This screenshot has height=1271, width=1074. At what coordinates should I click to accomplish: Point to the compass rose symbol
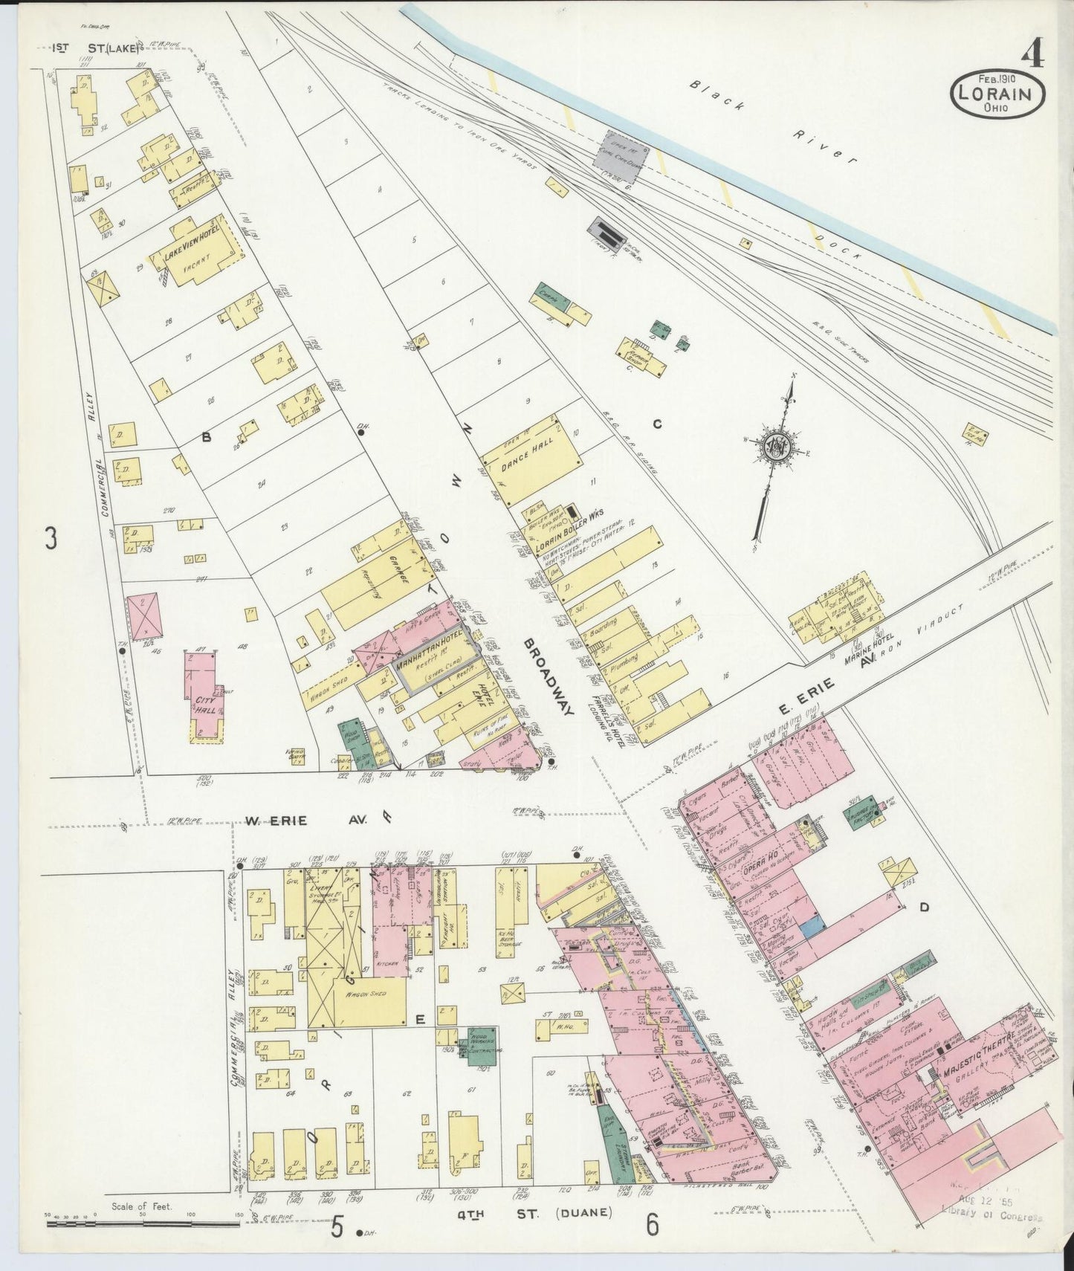[776, 445]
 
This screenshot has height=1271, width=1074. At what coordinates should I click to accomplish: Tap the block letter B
[207, 439]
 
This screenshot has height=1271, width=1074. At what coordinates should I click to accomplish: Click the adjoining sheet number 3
[50, 537]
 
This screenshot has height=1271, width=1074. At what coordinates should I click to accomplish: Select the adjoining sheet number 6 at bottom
[652, 1226]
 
